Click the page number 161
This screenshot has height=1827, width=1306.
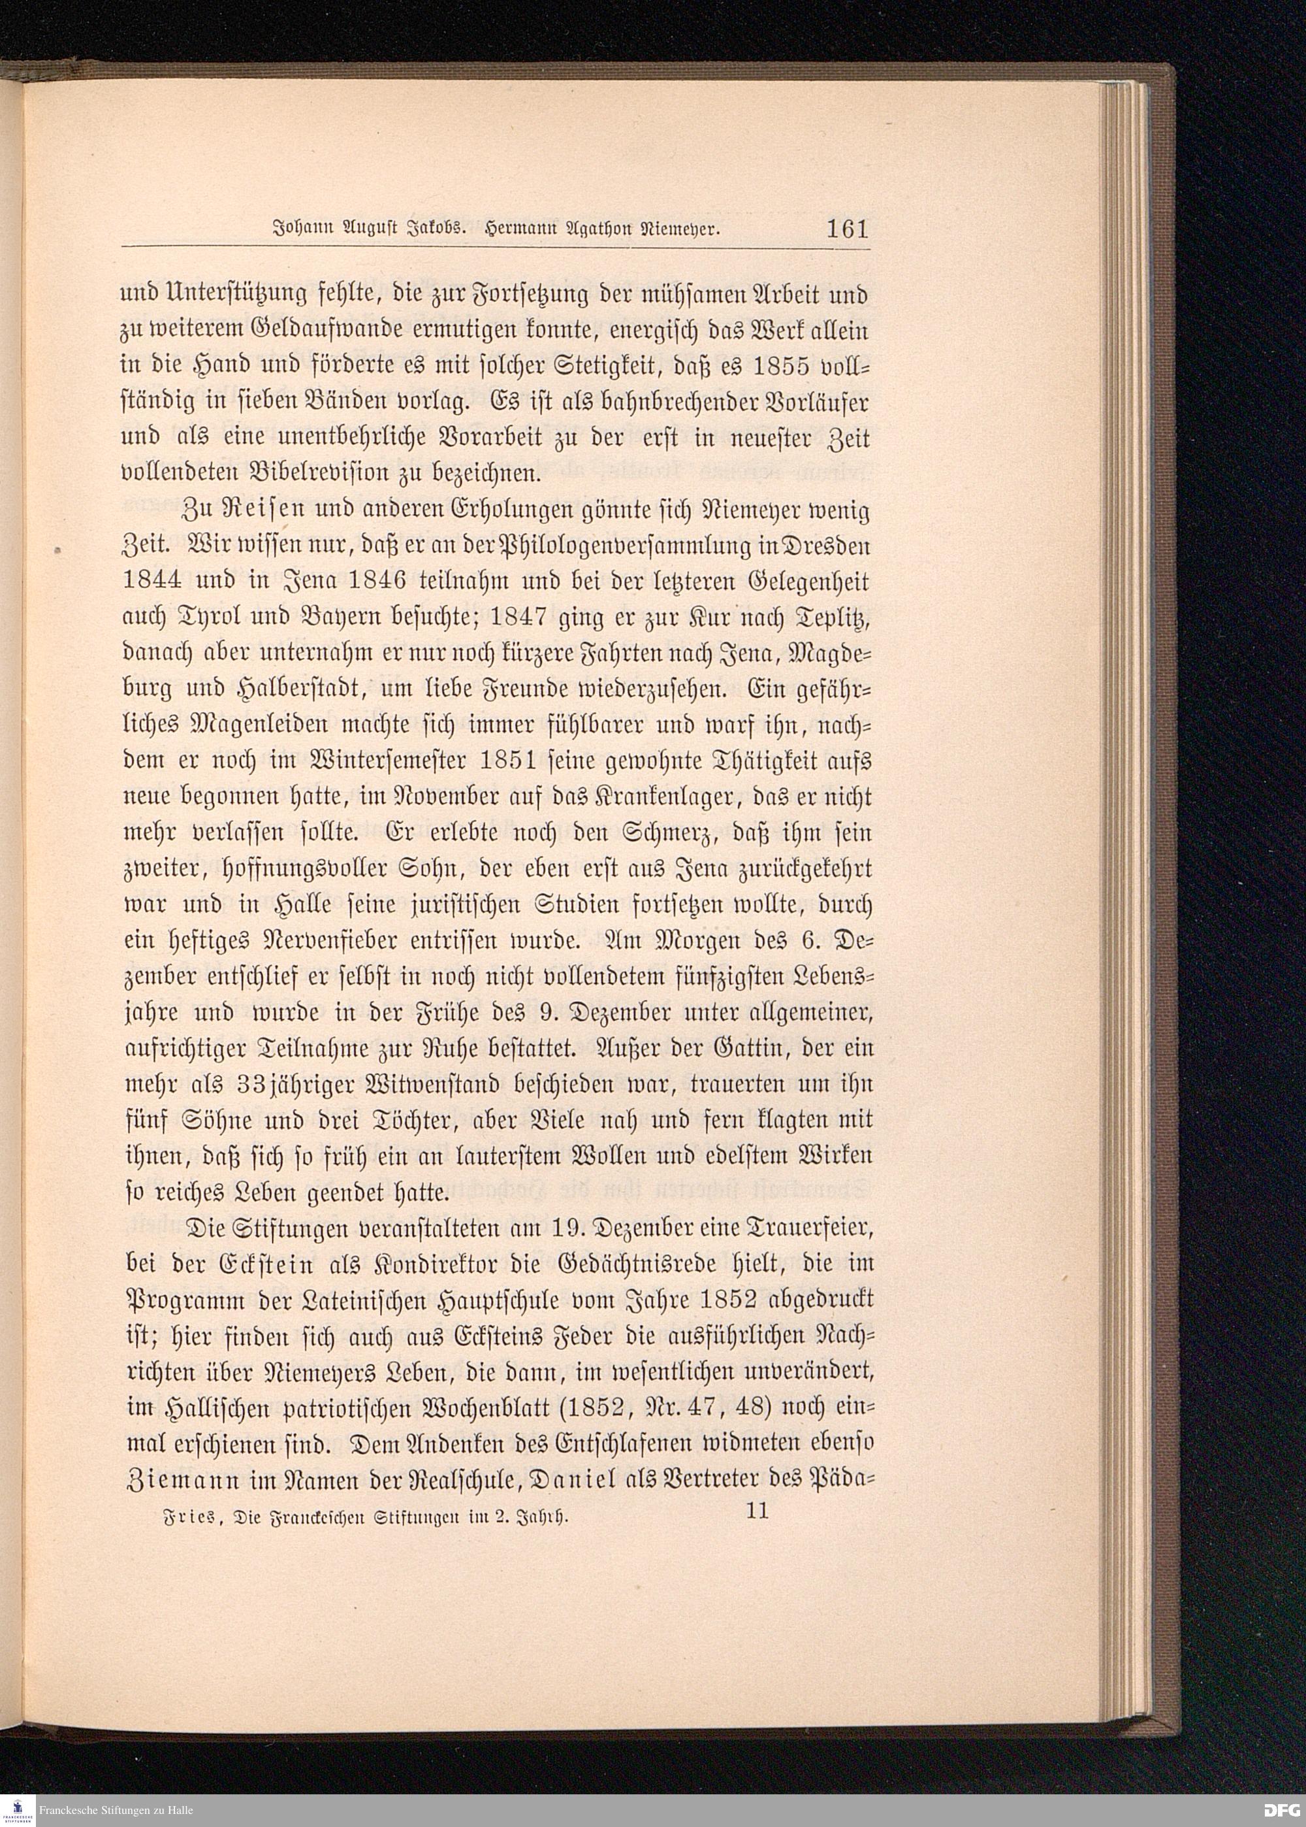coord(848,229)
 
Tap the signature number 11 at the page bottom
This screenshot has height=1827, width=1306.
coord(757,1510)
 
